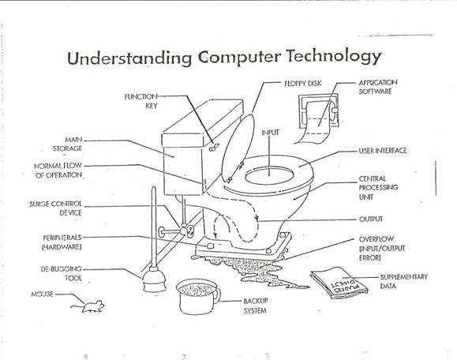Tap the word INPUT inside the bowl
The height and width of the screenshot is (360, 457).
coord(271,133)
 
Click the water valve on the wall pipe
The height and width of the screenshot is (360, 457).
coord(189,230)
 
